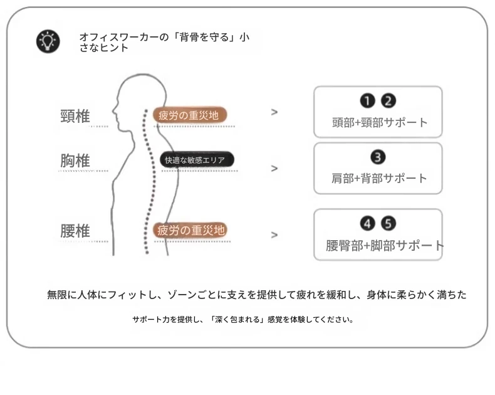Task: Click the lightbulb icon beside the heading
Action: [x=48, y=41]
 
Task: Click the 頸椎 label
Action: [x=75, y=116]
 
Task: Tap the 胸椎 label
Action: [x=75, y=161]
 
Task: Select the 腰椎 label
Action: [x=75, y=231]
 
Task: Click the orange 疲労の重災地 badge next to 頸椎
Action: [x=190, y=115]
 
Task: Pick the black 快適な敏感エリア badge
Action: [x=197, y=160]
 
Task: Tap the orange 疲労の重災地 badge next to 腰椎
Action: [x=190, y=230]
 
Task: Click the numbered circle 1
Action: [x=367, y=101]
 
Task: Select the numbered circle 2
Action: [x=388, y=101]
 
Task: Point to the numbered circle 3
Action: [x=378, y=157]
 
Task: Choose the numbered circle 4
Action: [x=367, y=224]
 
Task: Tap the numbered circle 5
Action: [x=388, y=224]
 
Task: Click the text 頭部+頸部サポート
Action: [x=380, y=123]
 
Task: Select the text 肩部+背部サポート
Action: [x=379, y=179]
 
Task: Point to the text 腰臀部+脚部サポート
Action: [x=385, y=246]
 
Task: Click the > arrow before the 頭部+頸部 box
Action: [x=274, y=112]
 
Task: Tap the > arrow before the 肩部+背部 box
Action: [x=274, y=168]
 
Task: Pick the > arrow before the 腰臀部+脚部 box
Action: [x=274, y=234]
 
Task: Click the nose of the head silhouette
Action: [x=113, y=110]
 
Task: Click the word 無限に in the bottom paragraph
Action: [x=62, y=295]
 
